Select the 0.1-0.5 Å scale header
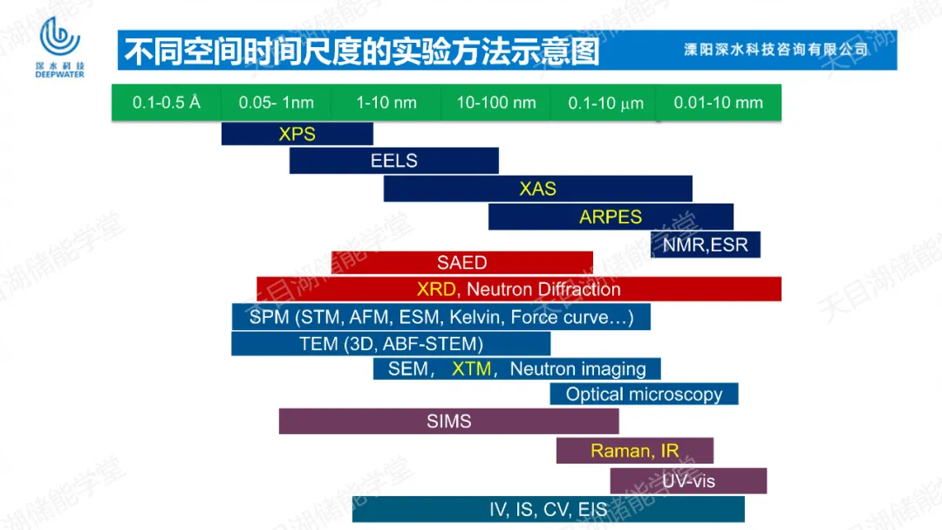(x=167, y=103)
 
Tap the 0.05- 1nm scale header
(x=276, y=103)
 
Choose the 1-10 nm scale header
(x=386, y=103)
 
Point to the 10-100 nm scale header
(x=496, y=103)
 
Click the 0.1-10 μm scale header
(x=605, y=103)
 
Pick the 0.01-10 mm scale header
(x=719, y=103)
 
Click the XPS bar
(x=297, y=134)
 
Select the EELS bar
(x=394, y=161)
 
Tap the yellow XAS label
(x=537, y=189)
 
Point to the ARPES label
(x=611, y=217)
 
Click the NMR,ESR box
(x=706, y=244)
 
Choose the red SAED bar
(x=462, y=262)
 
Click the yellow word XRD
(x=436, y=289)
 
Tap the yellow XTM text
(x=472, y=368)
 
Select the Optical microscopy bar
(x=644, y=394)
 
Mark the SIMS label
(x=449, y=421)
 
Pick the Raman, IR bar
(x=635, y=451)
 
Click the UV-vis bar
(x=688, y=481)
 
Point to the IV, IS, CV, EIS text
(x=549, y=510)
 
